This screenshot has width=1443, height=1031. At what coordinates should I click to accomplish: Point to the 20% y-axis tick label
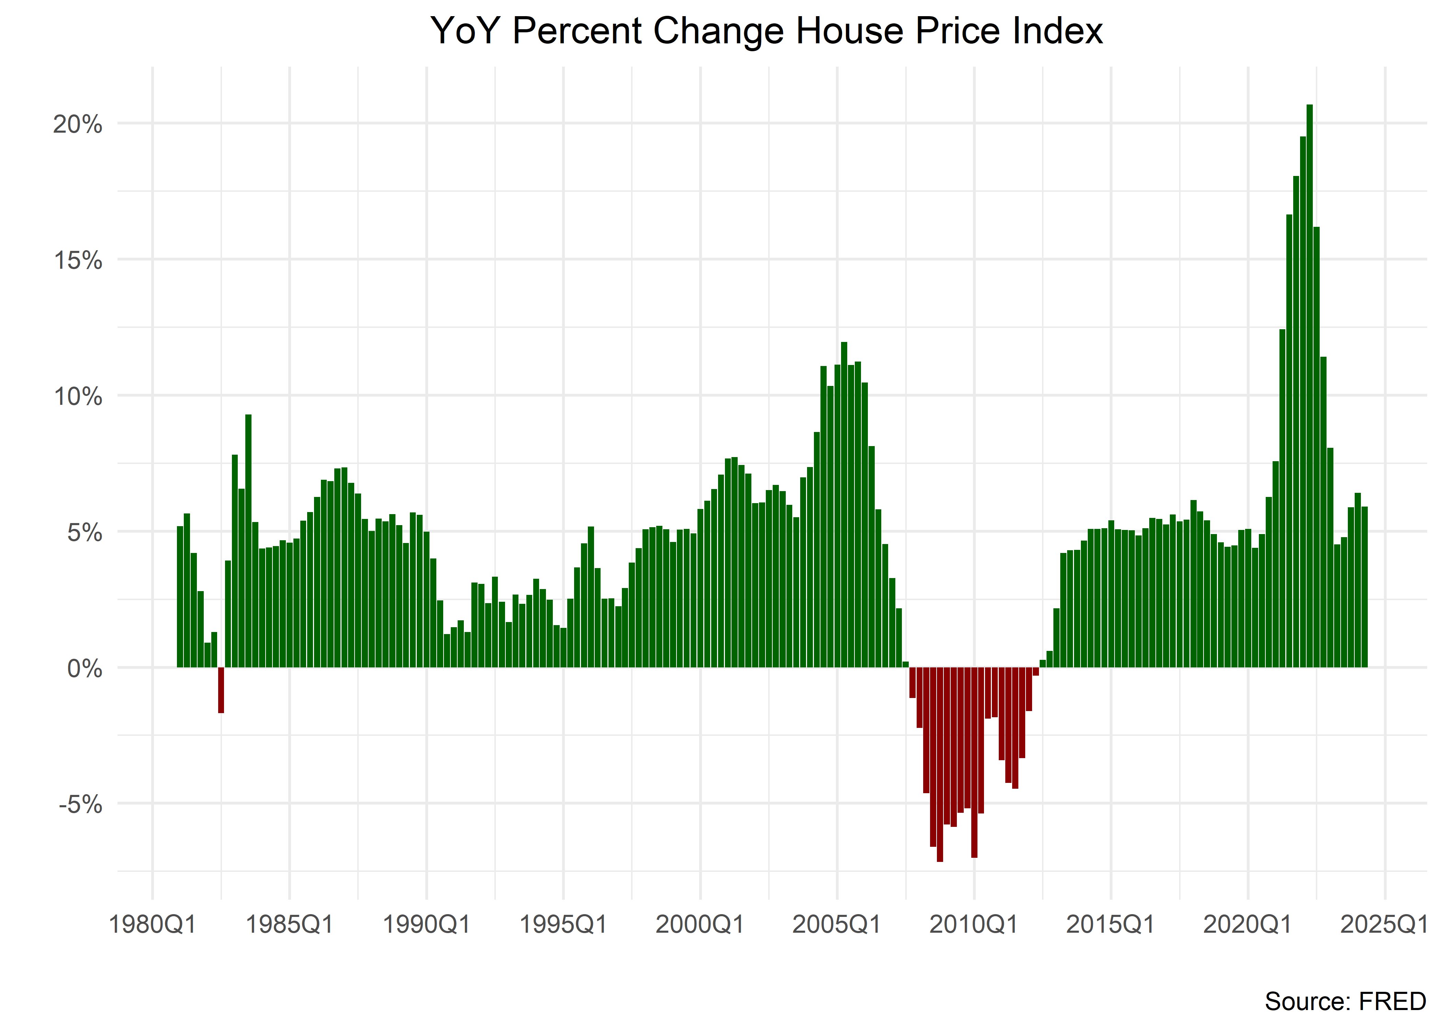click(77, 124)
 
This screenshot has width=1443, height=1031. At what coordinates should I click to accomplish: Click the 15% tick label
click(77, 260)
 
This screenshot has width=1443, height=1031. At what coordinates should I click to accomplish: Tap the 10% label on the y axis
click(77, 397)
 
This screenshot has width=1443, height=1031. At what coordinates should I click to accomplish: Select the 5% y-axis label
click(85, 533)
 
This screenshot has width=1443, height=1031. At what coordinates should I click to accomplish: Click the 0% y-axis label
click(85, 668)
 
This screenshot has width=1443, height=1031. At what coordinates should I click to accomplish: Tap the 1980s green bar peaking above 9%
click(248, 540)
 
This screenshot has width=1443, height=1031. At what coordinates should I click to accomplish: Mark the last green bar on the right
click(1364, 587)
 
